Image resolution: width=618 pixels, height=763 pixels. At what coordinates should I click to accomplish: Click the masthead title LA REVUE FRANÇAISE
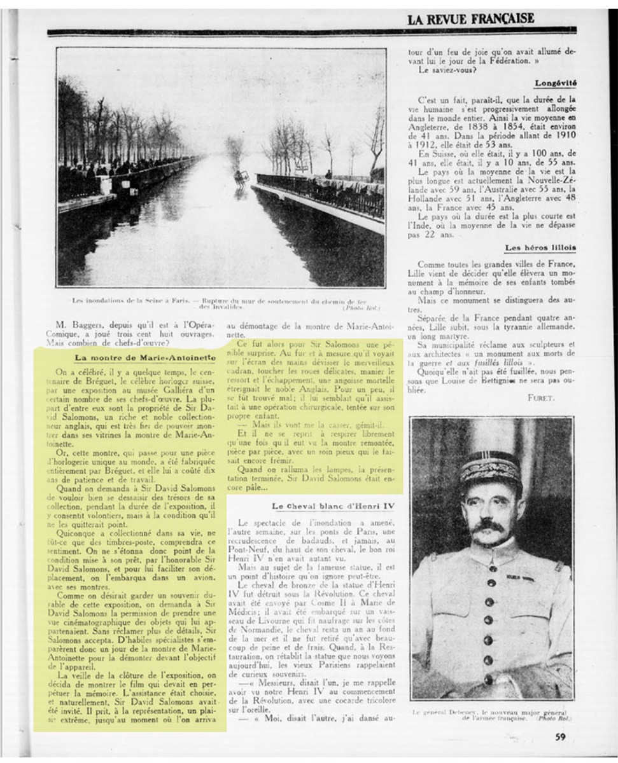(x=470, y=21)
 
